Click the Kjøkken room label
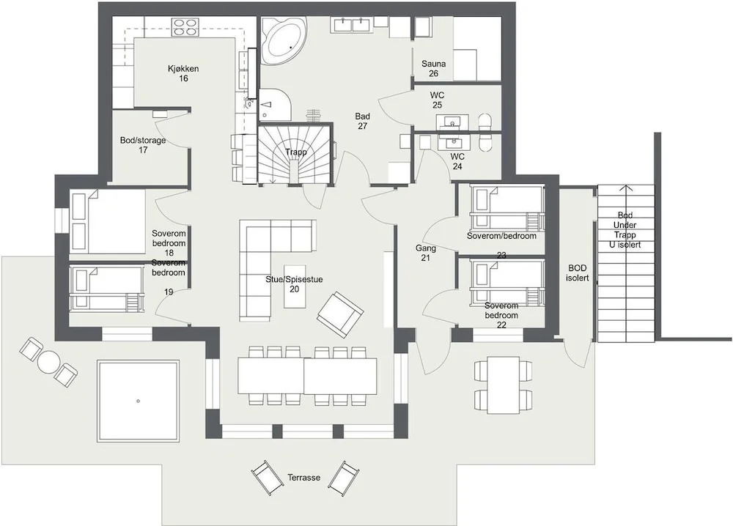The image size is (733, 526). coord(183,69)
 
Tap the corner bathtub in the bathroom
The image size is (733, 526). coord(283,40)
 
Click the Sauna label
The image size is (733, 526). coord(433,64)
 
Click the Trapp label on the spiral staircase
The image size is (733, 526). coord(296,152)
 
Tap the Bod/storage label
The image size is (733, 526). coord(143,140)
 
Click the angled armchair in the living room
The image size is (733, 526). coord(340,315)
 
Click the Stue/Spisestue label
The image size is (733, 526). coord(294,279)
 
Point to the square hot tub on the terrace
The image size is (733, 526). coord(139,400)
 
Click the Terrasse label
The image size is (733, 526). coord(304,478)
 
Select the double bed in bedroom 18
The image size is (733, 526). coord(108,221)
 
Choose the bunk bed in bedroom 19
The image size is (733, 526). coord(106,289)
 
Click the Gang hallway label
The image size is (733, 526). coord(426,248)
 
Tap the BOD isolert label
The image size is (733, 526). coord(578,273)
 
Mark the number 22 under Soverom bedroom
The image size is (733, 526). coord(501,325)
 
